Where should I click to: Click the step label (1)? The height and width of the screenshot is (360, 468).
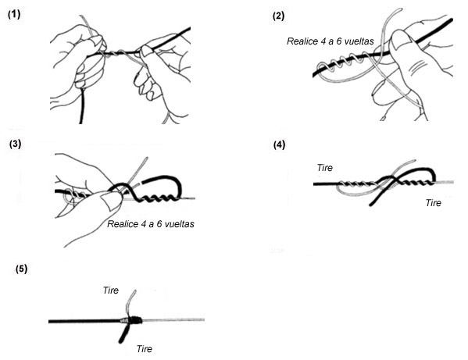coord(14,14)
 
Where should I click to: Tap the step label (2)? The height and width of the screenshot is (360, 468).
coord(278,16)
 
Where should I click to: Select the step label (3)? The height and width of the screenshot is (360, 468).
coord(15,144)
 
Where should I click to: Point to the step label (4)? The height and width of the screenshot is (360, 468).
coord(279,145)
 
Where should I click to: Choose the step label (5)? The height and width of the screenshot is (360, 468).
coord(21,269)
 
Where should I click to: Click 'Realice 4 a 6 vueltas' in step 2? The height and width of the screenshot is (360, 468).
coord(330,41)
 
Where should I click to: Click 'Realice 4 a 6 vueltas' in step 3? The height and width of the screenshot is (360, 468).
coord(151,224)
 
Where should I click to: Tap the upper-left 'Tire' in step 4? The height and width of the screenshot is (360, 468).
coord(325,168)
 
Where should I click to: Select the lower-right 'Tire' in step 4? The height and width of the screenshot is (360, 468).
coord(434,203)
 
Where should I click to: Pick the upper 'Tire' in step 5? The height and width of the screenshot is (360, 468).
coord(111,290)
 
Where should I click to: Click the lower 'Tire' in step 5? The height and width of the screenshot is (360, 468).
coord(145,349)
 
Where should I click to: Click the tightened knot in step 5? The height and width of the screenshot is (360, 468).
coord(131,320)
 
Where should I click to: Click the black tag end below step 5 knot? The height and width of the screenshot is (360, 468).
coord(124,333)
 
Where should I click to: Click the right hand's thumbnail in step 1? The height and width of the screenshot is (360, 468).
coord(146,51)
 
